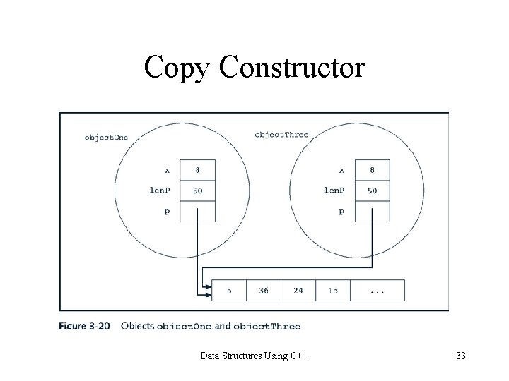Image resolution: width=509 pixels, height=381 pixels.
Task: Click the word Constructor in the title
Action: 293,68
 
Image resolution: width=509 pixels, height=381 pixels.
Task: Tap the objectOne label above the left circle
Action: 106,138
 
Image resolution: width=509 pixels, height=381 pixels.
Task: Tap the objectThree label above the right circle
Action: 281,134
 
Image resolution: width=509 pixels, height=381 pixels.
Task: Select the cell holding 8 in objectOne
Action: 198,170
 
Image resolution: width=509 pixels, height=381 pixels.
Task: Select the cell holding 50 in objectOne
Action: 198,190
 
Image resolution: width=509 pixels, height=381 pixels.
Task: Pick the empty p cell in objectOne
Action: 198,211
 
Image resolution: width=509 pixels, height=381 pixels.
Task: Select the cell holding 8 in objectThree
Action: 372,170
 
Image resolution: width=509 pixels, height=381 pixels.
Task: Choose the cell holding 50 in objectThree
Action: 372,190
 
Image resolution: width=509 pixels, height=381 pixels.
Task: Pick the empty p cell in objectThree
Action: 372,211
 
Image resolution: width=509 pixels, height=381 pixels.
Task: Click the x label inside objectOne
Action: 167,170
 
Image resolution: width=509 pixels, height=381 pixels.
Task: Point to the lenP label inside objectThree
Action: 335,190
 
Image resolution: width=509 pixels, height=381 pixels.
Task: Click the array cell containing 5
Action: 229,290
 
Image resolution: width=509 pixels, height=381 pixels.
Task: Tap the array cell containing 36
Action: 263,290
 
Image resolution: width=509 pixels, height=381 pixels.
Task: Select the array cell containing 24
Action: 298,290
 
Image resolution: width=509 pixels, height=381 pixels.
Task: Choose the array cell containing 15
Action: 332,290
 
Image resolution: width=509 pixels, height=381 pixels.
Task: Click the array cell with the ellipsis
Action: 378,290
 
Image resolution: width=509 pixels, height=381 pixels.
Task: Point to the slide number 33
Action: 461,355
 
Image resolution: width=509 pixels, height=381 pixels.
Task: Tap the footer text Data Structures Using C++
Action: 257,355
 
